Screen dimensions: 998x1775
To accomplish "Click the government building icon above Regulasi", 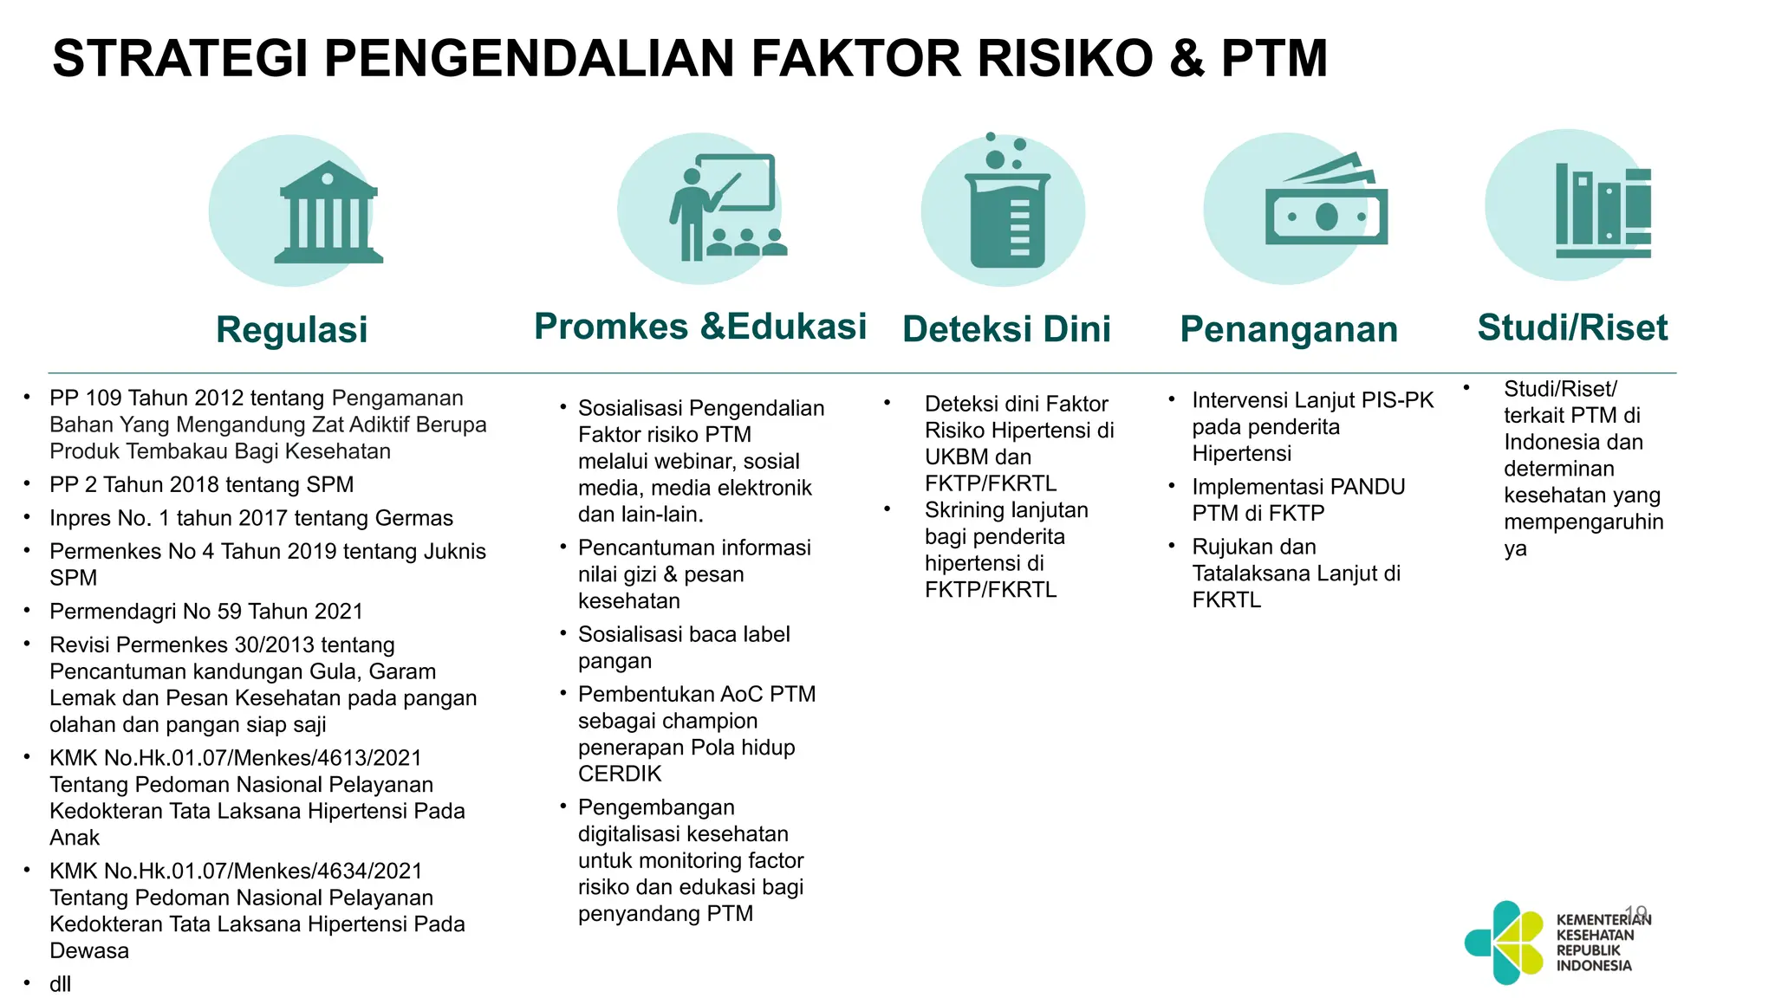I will click(x=328, y=213).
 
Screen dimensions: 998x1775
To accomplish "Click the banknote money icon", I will click(x=1325, y=208).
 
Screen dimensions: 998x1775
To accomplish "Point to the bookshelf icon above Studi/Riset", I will click(x=1603, y=211).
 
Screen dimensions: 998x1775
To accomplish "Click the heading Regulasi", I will click(x=292, y=330).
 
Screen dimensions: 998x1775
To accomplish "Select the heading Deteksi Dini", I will click(x=1006, y=330).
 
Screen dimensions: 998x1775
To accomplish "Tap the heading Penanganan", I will click(x=1289, y=330).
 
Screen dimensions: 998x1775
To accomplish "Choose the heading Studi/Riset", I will click(x=1572, y=328).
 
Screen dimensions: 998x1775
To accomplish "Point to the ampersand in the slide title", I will click(x=1187, y=59).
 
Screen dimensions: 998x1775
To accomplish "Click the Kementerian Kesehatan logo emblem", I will click(x=1505, y=943).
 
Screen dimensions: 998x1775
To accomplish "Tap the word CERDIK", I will click(x=620, y=774).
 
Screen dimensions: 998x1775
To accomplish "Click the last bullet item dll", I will click(x=60, y=984).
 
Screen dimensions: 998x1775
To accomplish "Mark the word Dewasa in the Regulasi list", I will click(x=89, y=951).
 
